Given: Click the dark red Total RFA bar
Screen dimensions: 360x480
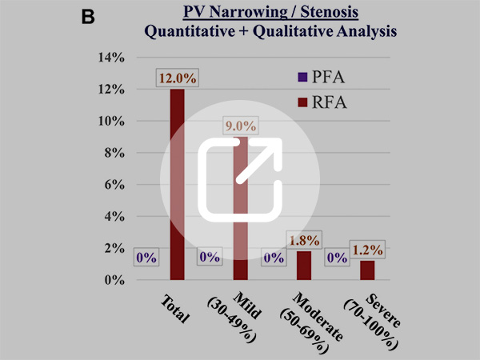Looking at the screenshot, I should tap(178, 184).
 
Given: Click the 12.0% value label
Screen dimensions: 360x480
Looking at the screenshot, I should tap(178, 78).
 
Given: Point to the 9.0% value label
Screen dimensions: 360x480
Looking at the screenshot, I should tap(239, 126).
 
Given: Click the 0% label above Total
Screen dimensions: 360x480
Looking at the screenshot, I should tap(147, 258).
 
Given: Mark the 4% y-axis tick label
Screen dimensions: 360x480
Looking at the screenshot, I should tap(110, 217).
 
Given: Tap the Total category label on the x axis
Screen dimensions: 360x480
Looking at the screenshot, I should tap(174, 307).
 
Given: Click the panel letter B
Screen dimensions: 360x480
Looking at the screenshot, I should tap(90, 15).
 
